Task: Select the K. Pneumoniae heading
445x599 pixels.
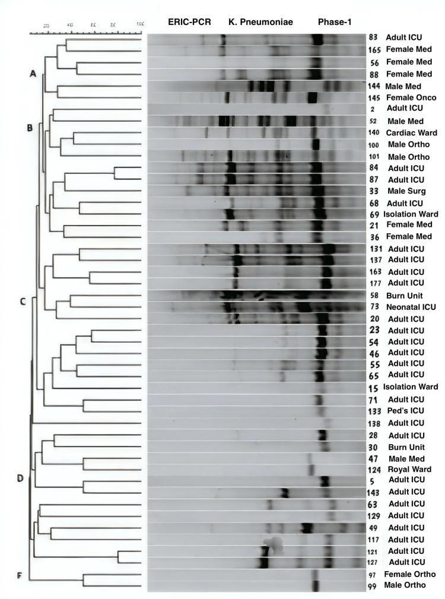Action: [261, 21]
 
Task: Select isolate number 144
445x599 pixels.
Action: [374, 86]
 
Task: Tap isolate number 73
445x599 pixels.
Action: [373, 307]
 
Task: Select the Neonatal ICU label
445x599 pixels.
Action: [411, 307]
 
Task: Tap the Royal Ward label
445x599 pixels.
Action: [407, 469]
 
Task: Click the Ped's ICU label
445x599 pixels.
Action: [405, 411]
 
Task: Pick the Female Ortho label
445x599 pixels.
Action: [410, 574]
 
